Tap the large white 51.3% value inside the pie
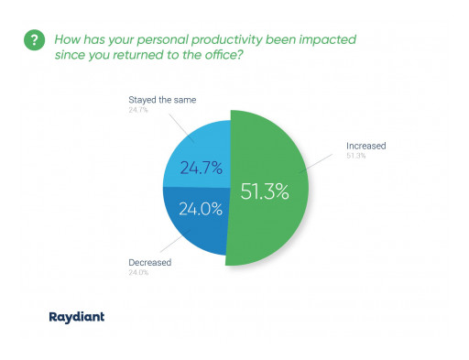click(265, 192)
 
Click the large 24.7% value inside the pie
click(201, 168)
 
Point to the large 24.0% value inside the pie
click(201, 208)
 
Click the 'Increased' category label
click(365, 146)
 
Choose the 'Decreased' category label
click(150, 262)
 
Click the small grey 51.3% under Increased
click(354, 156)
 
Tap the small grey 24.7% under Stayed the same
click(138, 109)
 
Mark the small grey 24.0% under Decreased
click(138, 272)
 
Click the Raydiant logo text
click(76, 316)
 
